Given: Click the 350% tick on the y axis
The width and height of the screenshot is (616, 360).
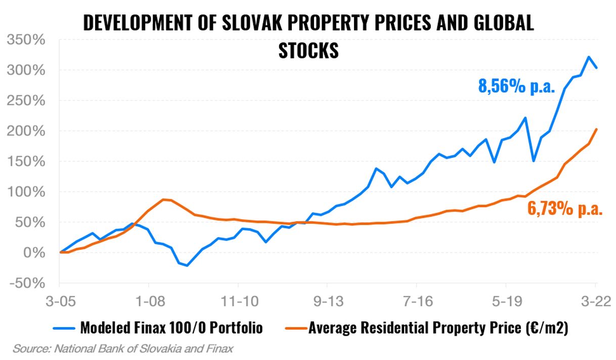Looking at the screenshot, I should pos(29,40).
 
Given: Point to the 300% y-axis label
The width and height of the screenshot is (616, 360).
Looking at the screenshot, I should pos(29,70).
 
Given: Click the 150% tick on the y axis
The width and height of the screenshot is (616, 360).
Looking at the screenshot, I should pos(29,161).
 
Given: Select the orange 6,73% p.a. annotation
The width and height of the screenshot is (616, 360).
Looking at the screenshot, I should pos(565,208).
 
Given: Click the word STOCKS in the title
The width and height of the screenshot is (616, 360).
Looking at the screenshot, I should pos(308,50).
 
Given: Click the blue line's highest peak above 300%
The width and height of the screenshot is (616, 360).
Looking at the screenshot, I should pos(588,57).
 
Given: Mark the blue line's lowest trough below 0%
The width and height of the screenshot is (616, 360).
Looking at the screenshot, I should pos(188,265).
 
